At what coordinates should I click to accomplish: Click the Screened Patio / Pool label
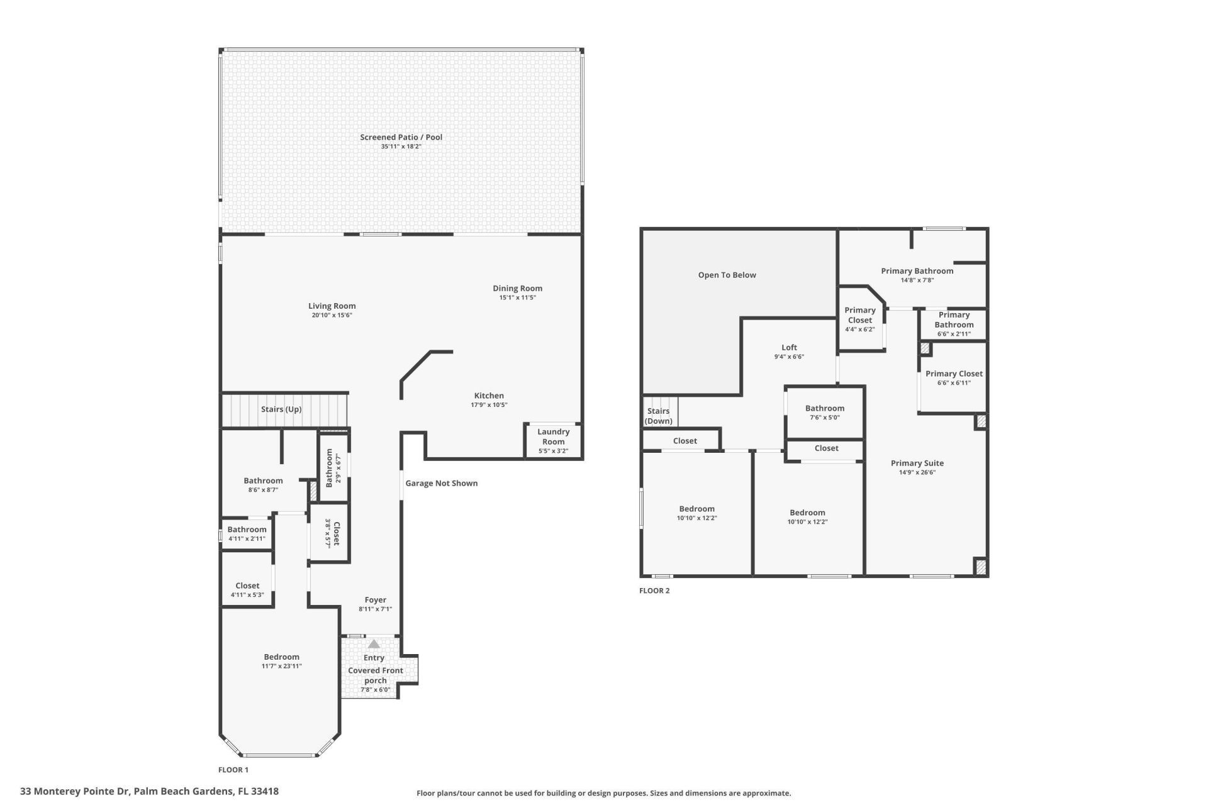(401, 137)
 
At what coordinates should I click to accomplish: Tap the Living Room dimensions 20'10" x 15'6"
(332, 315)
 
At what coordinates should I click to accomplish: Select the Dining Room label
(517, 289)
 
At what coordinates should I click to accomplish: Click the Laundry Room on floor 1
(553, 440)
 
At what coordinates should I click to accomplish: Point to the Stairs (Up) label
(281, 409)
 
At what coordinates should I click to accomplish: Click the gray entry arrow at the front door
(374, 644)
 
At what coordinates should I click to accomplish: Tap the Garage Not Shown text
(441, 484)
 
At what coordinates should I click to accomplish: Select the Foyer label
(375, 600)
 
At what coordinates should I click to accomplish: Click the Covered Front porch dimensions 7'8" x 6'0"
(375, 690)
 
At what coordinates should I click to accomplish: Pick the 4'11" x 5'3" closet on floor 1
(247, 590)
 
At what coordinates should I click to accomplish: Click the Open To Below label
(727, 275)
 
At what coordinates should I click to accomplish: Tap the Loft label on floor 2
(789, 347)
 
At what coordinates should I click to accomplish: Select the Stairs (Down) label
(658, 416)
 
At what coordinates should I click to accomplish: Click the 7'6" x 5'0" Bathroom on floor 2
(824, 413)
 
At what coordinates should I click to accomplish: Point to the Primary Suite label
(917, 464)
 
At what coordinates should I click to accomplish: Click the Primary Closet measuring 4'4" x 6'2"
(859, 319)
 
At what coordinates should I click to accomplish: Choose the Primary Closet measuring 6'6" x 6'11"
(954, 378)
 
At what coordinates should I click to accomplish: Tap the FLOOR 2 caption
(654, 591)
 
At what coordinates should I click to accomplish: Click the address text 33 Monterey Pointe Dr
(75, 792)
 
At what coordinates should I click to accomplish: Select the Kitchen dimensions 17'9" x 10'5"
(489, 405)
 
